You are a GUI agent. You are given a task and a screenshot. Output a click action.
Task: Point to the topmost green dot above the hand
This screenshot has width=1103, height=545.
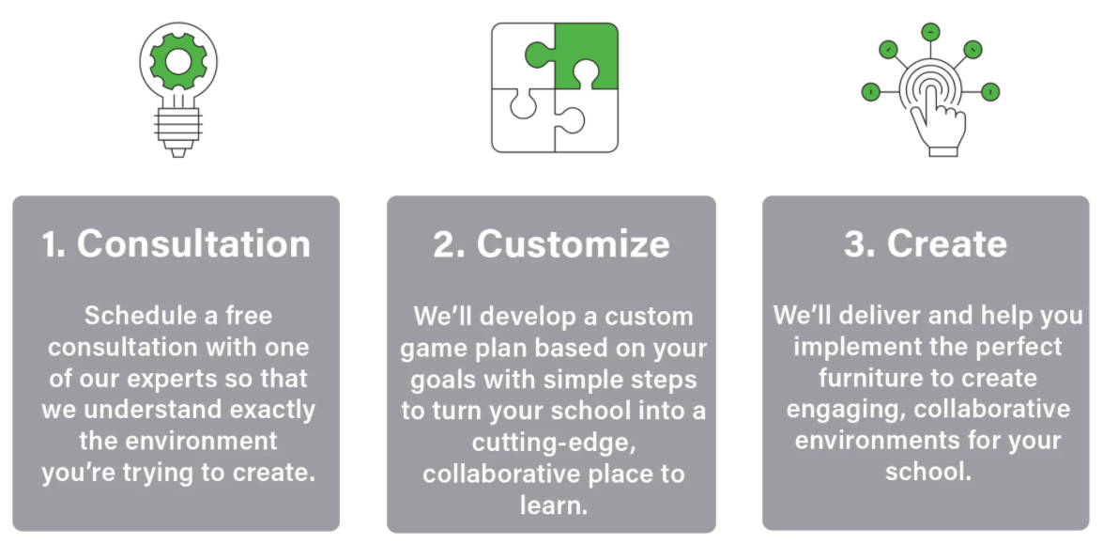pos(930,32)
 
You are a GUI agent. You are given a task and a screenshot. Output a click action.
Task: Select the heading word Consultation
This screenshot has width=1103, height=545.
pos(193,243)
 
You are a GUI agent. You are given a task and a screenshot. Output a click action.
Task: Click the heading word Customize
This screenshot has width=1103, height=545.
pos(574,243)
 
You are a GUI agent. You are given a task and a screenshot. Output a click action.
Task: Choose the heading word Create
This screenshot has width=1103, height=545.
pos(947,243)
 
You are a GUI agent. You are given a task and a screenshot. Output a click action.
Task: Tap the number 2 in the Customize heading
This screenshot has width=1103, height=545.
pos(445,244)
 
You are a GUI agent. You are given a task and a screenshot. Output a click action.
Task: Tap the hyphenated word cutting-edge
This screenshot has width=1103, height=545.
pos(554,443)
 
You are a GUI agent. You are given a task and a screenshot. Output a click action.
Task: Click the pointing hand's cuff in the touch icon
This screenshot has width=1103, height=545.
pos(943,150)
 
